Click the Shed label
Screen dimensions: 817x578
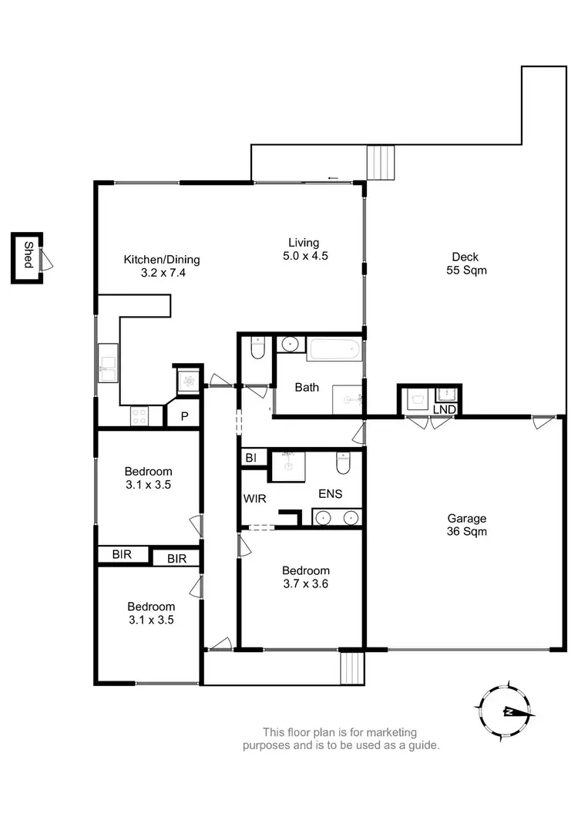pyautogui.click(x=28, y=255)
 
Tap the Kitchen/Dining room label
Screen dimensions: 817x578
pyautogui.click(x=156, y=266)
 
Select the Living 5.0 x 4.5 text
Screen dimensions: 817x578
pyautogui.click(x=304, y=249)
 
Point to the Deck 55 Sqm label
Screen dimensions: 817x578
pyautogui.click(x=465, y=264)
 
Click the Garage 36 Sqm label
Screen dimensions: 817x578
pyautogui.click(x=465, y=525)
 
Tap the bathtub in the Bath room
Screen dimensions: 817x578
pyautogui.click(x=334, y=351)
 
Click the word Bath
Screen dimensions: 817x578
pyautogui.click(x=307, y=387)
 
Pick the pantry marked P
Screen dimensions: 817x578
pyautogui.click(x=184, y=416)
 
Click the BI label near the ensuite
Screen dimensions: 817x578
pyautogui.click(x=250, y=458)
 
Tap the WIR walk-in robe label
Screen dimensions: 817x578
pyautogui.click(x=255, y=499)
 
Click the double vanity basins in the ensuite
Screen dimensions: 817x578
pyautogui.click(x=337, y=517)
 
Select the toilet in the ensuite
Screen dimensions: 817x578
pyautogui.click(x=344, y=463)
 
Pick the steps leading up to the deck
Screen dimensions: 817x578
pyautogui.click(x=379, y=163)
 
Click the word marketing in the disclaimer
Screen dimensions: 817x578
pyautogui.click(x=392, y=731)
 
